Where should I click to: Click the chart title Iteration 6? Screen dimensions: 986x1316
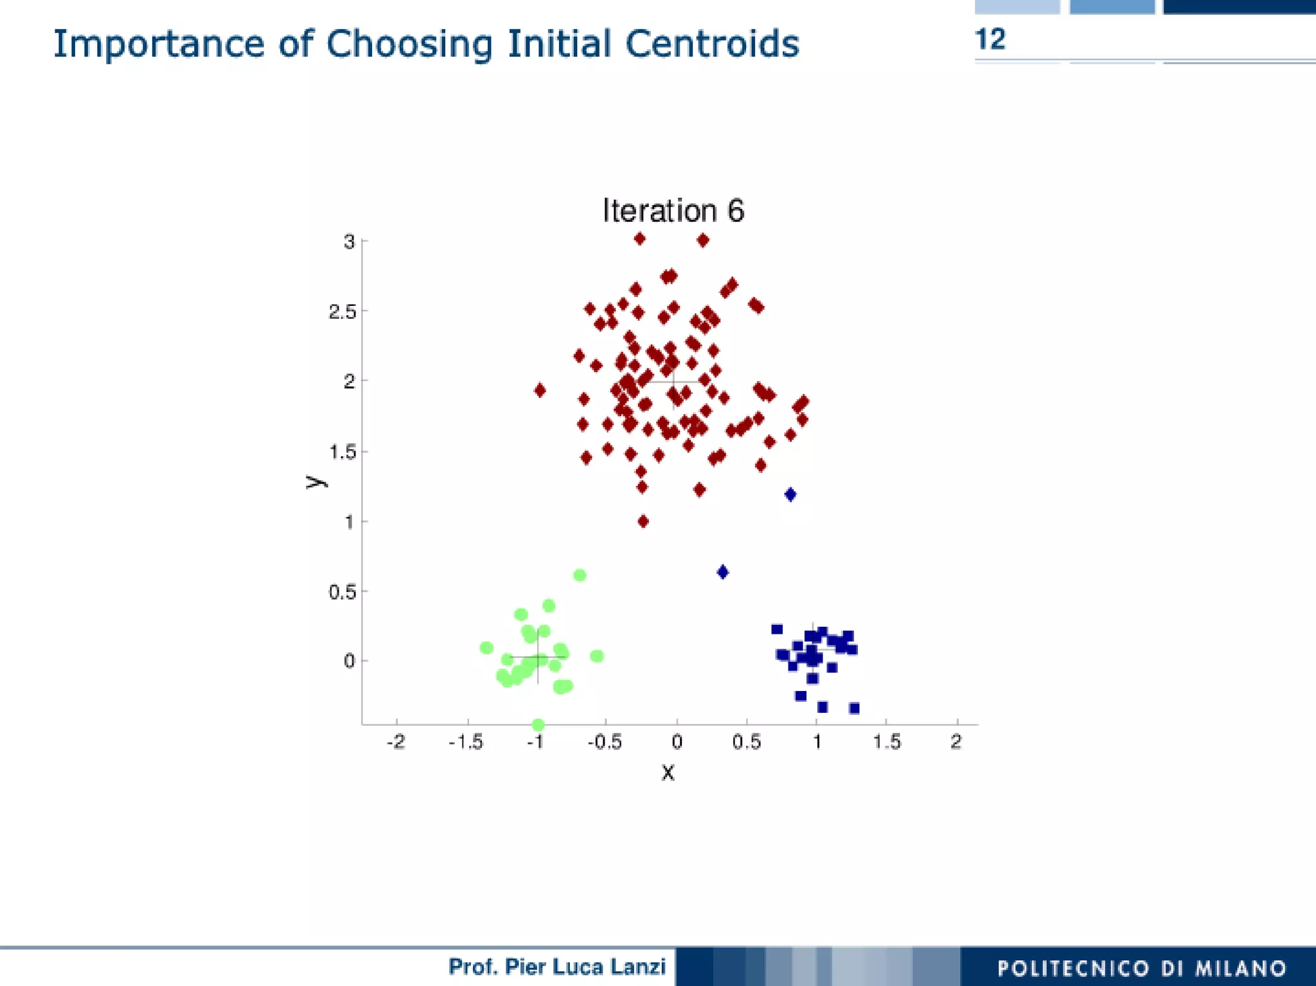point(673,211)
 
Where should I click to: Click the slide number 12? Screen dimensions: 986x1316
point(990,40)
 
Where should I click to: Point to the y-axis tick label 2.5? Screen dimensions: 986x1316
point(342,312)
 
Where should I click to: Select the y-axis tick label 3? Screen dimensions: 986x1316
point(349,242)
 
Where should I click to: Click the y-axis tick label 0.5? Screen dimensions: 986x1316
point(342,591)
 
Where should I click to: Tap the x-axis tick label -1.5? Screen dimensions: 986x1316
point(466,742)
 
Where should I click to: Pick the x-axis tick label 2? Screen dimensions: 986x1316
point(956,742)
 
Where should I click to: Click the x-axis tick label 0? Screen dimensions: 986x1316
point(677,742)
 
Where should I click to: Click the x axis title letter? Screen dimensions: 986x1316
point(668,772)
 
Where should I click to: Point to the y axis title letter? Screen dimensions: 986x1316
point(314,481)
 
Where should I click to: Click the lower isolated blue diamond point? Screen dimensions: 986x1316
point(723,572)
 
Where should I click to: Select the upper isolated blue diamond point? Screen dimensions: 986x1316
point(790,494)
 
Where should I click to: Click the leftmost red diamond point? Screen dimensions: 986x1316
point(540,390)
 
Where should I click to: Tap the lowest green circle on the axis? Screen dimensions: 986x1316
point(538,724)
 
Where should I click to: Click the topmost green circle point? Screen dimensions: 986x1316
point(580,575)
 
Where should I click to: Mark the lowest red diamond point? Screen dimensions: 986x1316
point(643,521)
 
